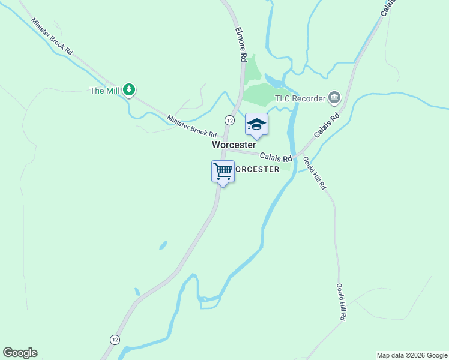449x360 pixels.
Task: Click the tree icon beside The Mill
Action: click(x=128, y=90)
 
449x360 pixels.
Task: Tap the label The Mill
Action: click(x=104, y=91)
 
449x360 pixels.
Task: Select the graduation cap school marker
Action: click(x=256, y=124)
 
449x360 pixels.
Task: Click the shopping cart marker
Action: click(x=223, y=172)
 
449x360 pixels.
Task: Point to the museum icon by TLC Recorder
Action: click(x=334, y=97)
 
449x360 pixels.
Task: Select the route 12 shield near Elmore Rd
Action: click(x=229, y=120)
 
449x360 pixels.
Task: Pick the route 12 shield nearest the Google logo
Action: click(x=115, y=340)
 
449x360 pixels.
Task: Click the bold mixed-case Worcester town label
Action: click(x=234, y=145)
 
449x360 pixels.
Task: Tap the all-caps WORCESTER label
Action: click(x=256, y=169)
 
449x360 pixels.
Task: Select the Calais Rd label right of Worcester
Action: click(x=276, y=157)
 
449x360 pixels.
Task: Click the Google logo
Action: click(x=20, y=353)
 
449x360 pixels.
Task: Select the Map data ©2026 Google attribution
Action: click(x=412, y=355)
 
